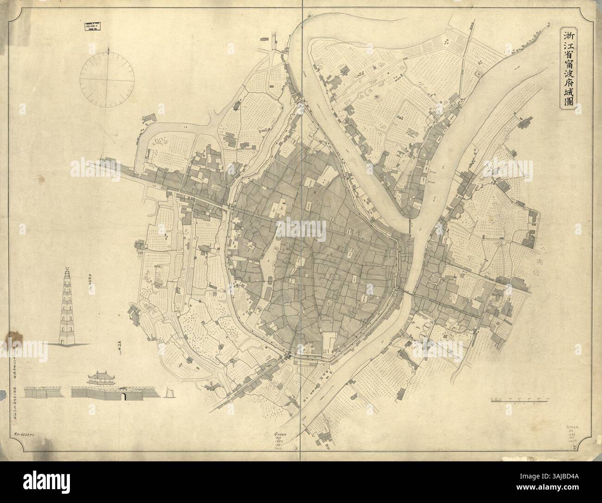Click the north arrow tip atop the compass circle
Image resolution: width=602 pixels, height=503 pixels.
click(x=108, y=48)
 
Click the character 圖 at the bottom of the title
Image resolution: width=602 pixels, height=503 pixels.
click(x=567, y=101)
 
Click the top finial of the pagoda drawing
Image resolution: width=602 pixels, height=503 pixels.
click(x=68, y=268)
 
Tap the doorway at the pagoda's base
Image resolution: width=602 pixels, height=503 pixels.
click(x=68, y=341)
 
